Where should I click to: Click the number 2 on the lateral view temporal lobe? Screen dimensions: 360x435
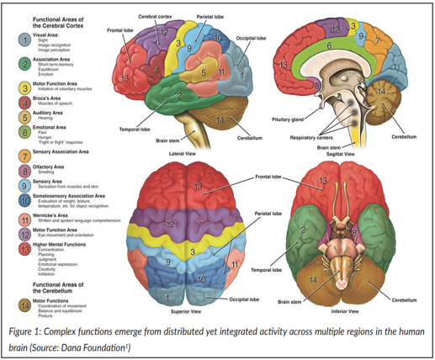[x=178, y=95]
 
